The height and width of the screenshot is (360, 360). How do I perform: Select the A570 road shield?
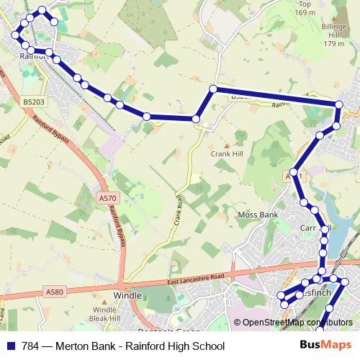[x=107, y=197]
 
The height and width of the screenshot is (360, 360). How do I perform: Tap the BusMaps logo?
[x=326, y=344]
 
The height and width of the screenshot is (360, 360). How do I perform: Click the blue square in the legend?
[x=12, y=345]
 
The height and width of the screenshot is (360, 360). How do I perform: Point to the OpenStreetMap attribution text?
[x=297, y=322]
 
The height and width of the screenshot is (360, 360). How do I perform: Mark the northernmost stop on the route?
[x=42, y=10]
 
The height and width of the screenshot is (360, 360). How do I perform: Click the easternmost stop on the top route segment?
[x=339, y=105]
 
